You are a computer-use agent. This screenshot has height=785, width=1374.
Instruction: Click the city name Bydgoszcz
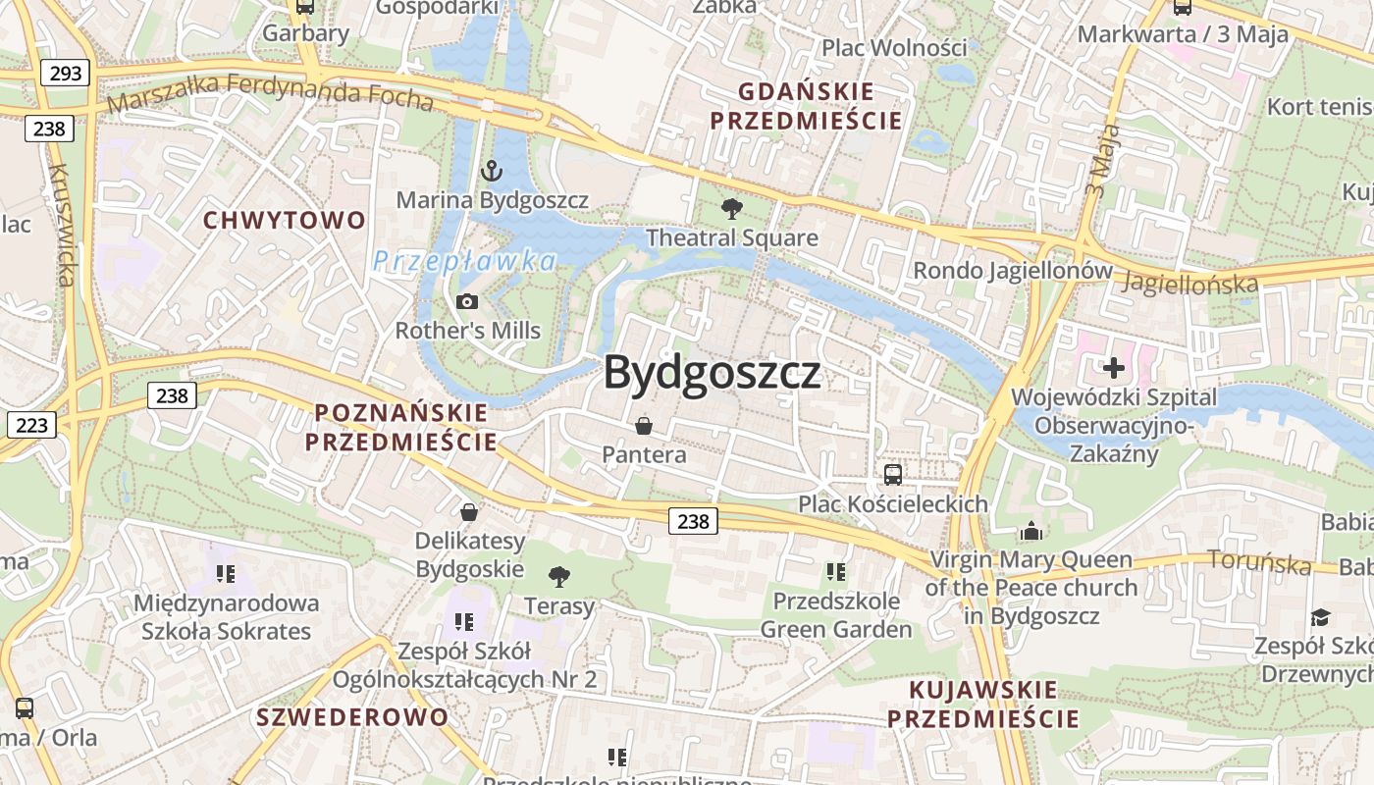pyautogui.click(x=712, y=373)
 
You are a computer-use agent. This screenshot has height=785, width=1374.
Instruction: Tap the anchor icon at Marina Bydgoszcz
pyautogui.click(x=492, y=173)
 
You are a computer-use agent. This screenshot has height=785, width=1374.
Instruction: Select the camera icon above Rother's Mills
pyautogui.click(x=467, y=301)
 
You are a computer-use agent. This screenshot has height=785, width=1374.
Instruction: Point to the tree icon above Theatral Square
pyautogui.click(x=731, y=209)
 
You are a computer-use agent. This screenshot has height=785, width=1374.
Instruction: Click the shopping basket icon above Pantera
pyautogui.click(x=644, y=426)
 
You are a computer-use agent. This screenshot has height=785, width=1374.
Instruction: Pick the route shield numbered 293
pyautogui.click(x=66, y=73)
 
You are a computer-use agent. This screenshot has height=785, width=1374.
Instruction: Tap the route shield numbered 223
pyautogui.click(x=31, y=425)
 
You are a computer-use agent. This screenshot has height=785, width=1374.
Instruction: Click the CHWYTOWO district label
pyautogui.click(x=284, y=220)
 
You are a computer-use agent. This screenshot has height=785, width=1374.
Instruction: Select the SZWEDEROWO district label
pyautogui.click(x=352, y=716)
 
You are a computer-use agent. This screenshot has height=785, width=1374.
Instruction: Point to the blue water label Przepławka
pyautogui.click(x=464, y=261)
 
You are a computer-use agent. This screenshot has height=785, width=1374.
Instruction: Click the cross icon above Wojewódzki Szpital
pyautogui.click(x=1113, y=368)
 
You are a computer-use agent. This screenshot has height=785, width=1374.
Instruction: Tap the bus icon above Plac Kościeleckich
pyautogui.click(x=893, y=475)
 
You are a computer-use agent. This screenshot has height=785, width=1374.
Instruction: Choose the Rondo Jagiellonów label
pyautogui.click(x=1013, y=271)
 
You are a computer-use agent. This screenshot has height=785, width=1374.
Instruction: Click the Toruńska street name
pyautogui.click(x=1259, y=562)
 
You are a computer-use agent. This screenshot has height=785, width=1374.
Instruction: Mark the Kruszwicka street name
pyautogui.click(x=61, y=225)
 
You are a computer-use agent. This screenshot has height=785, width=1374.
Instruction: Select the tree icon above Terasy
pyautogui.click(x=559, y=577)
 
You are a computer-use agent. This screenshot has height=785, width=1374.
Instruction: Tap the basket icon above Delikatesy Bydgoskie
pyautogui.click(x=469, y=512)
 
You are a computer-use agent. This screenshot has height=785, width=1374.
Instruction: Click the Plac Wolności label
pyautogui.click(x=894, y=47)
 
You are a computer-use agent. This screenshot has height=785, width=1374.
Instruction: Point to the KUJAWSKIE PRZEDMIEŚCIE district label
pyautogui.click(x=983, y=704)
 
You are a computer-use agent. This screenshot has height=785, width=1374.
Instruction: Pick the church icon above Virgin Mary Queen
pyautogui.click(x=1031, y=531)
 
